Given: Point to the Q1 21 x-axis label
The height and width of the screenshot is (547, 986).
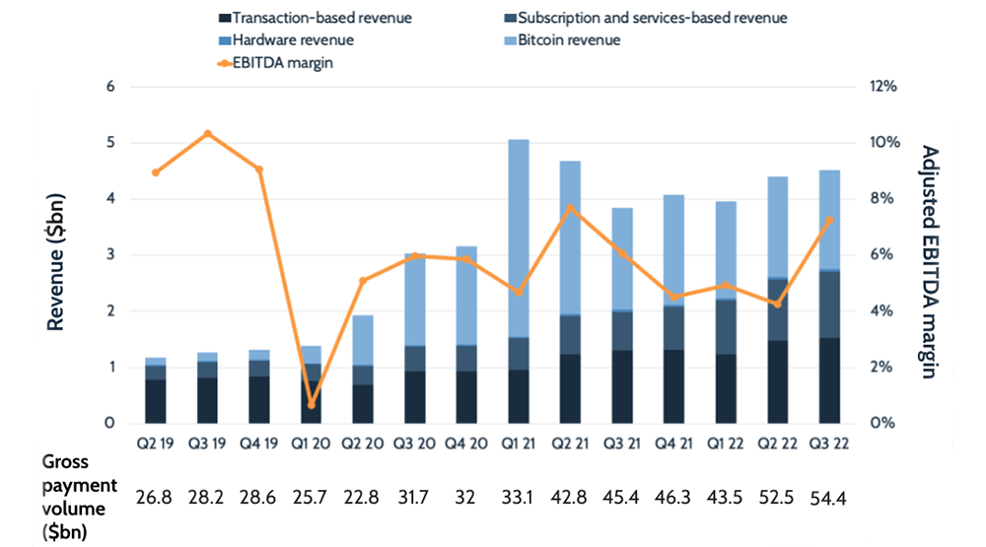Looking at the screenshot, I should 519,443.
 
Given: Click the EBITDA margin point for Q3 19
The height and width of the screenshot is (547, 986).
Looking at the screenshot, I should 207,133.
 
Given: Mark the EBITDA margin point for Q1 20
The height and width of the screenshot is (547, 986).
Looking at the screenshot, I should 312,404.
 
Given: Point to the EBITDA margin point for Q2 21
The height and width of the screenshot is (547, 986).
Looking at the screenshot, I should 571,208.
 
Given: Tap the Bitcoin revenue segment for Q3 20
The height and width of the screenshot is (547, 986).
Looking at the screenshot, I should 415,300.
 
